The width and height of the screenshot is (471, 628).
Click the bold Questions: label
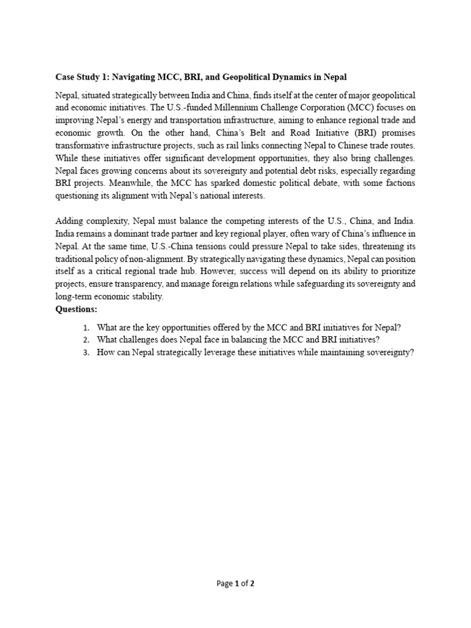click(x=77, y=309)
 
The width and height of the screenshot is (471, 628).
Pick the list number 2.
click(x=86, y=340)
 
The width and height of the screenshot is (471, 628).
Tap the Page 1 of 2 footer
click(x=235, y=584)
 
